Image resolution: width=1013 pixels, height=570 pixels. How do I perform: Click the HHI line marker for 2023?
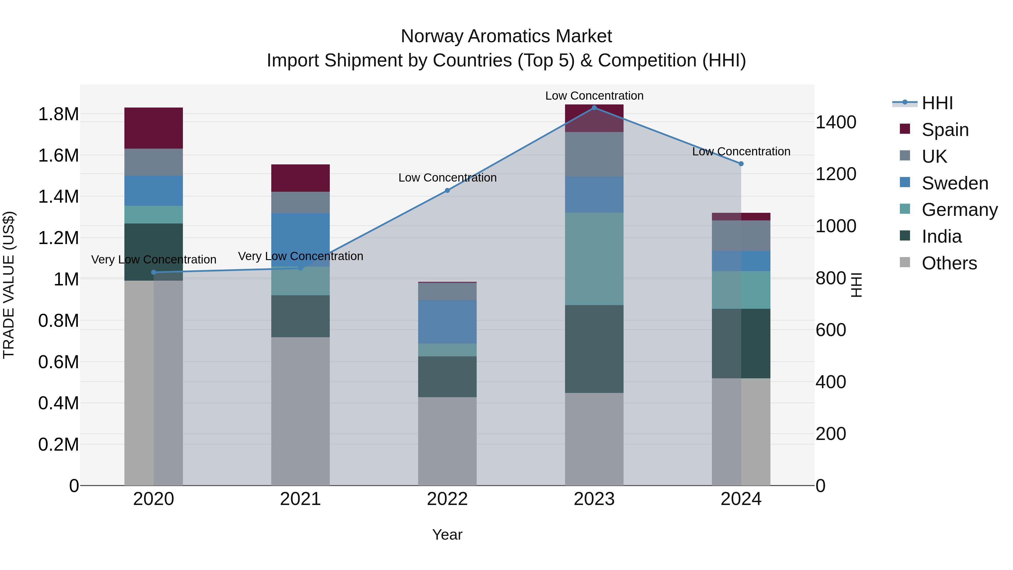tap(594, 108)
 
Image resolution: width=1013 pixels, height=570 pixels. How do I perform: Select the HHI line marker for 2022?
tap(447, 190)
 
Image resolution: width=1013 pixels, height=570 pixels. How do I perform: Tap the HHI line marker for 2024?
tap(741, 164)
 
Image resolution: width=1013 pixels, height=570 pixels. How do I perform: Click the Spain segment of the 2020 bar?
tap(153, 128)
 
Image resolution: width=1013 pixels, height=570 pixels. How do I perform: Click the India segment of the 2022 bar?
tap(447, 376)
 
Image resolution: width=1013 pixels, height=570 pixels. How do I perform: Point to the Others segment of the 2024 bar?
tap(741, 432)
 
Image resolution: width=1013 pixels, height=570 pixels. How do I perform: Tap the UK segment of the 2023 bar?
tap(594, 154)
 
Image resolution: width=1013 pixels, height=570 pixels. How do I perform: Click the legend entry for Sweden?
tap(954, 183)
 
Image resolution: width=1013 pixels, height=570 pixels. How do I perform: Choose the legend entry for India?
tap(942, 237)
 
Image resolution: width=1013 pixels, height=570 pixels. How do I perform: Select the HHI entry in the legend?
tap(937, 103)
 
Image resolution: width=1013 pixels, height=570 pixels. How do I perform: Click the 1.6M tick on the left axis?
tap(58, 155)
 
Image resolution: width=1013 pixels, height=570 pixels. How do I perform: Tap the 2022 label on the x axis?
tap(447, 499)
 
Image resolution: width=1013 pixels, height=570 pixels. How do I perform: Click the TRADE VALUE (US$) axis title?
tap(9, 285)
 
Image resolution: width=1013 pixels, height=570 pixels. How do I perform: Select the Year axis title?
tap(447, 535)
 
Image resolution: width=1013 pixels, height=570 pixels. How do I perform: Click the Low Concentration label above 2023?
tap(594, 96)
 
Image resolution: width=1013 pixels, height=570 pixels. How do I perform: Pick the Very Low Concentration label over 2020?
tap(153, 260)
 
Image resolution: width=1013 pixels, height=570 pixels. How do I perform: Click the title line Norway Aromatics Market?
tap(506, 36)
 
